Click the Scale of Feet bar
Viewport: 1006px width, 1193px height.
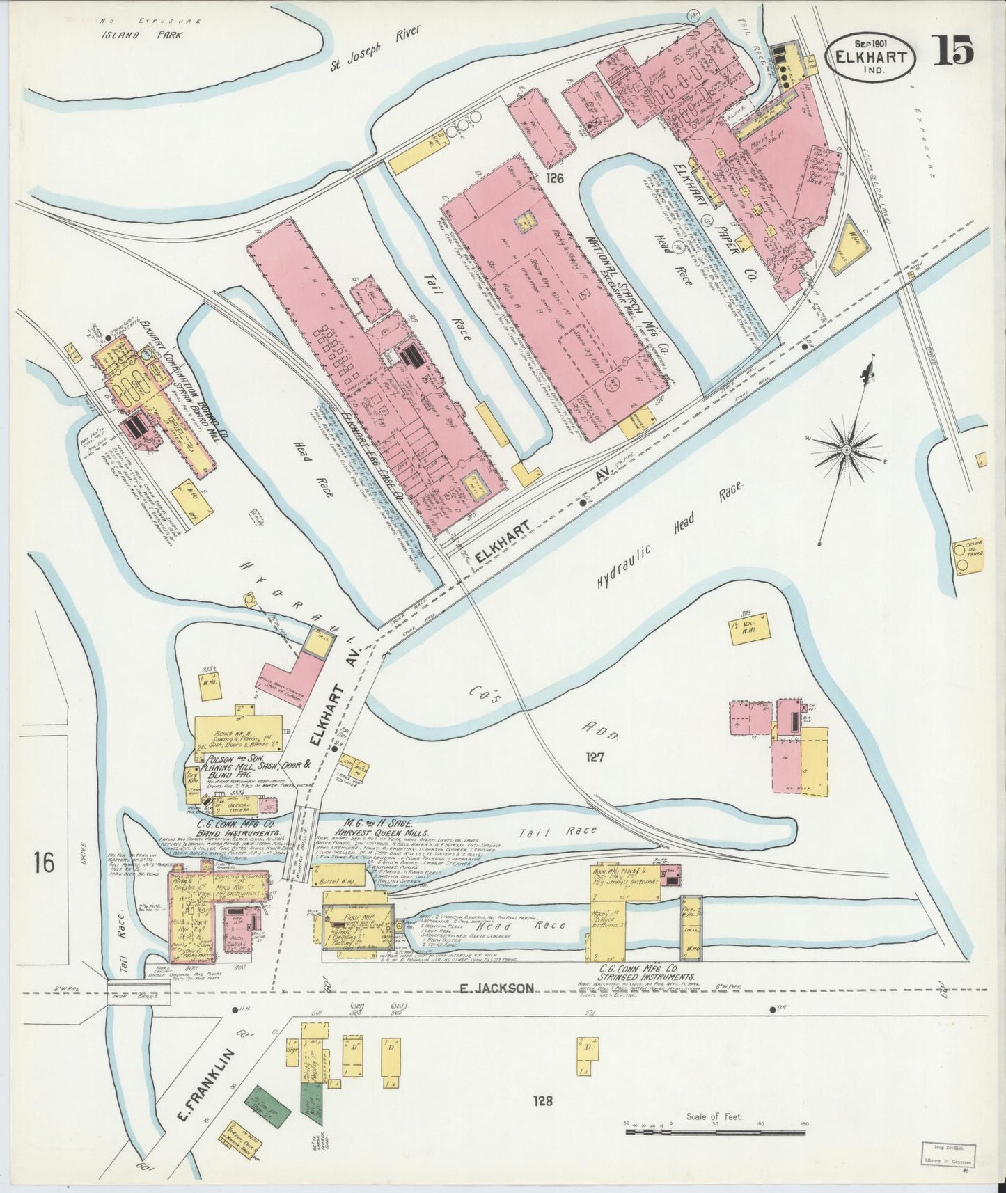tap(717, 1131)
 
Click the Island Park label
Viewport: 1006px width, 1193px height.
tap(143, 33)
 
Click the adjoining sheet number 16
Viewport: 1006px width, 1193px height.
tap(42, 864)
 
